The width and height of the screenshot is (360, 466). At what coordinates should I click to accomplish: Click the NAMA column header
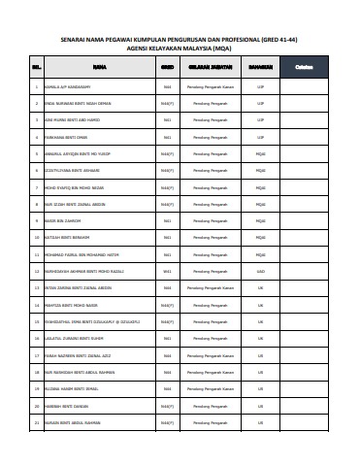tap(99, 68)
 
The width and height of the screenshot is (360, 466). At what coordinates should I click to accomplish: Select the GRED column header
tap(167, 68)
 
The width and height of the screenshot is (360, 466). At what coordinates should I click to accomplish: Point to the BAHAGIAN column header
tap(260, 68)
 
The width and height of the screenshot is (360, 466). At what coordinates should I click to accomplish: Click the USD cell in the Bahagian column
tap(260, 271)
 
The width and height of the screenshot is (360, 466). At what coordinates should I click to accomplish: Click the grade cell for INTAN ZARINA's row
tap(167, 288)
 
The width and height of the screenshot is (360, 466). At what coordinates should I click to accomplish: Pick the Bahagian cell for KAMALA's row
tap(260, 86)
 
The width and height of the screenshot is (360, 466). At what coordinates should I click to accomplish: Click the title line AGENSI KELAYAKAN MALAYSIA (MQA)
tap(180, 47)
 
